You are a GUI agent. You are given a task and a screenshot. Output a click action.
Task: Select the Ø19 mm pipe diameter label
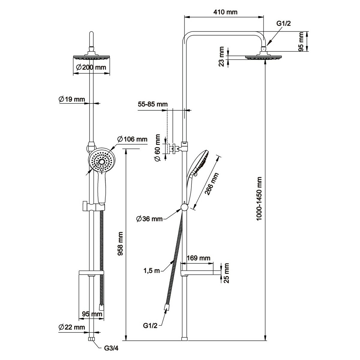click(x=72, y=99)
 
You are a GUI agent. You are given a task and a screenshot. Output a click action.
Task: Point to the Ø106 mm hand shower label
click(x=132, y=139)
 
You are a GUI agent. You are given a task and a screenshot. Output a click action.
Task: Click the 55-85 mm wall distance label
click(x=152, y=104)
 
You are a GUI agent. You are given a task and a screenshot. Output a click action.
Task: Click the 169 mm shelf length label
click(x=198, y=258)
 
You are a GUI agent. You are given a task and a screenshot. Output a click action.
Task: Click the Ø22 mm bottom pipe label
click(x=72, y=327)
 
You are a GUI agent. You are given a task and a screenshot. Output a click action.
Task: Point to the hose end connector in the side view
click(x=166, y=307)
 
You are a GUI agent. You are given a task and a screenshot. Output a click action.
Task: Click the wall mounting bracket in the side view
click(x=173, y=147)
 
